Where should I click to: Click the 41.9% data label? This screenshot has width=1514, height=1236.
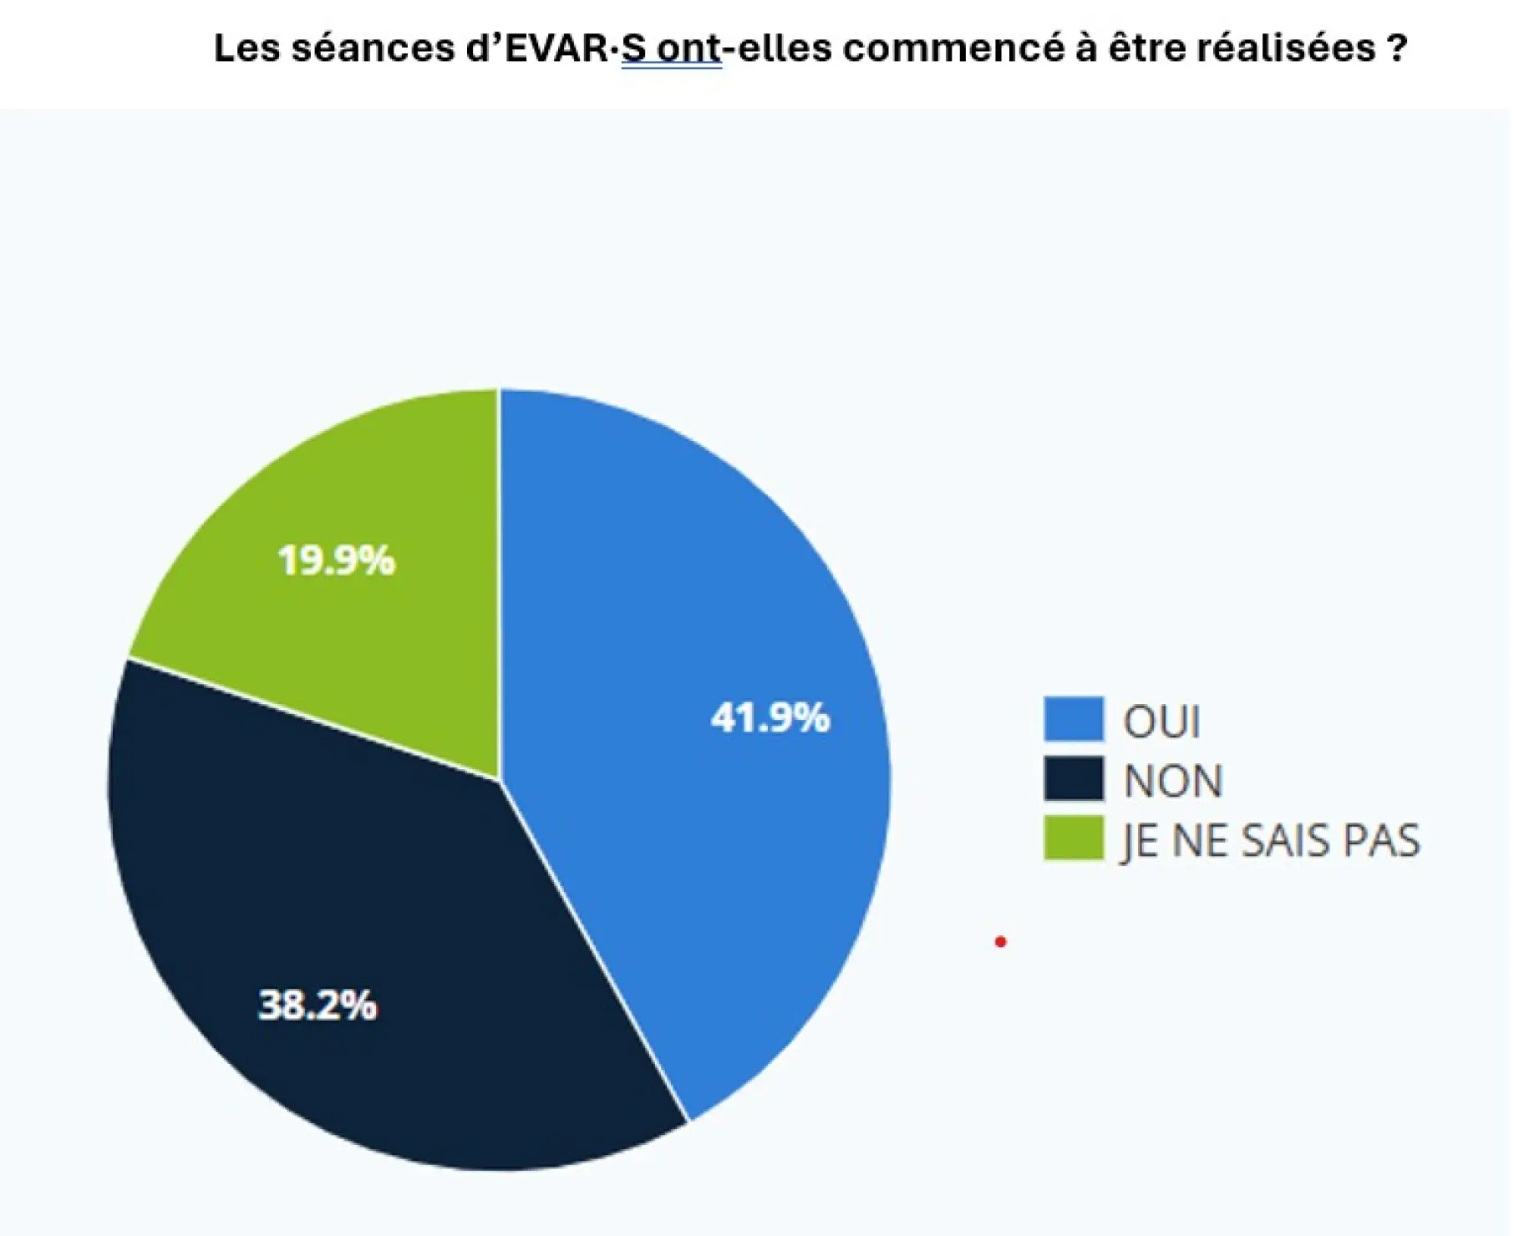770,718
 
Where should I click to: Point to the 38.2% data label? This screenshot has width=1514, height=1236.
318,1005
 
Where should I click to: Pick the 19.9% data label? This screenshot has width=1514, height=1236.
336,560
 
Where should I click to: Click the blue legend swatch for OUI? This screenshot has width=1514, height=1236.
1074,719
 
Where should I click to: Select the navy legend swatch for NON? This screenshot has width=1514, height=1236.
1074,779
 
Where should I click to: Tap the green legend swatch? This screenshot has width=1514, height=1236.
1074,838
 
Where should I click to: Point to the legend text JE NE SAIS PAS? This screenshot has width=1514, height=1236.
1270,841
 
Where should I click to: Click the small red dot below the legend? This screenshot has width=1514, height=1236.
1001,942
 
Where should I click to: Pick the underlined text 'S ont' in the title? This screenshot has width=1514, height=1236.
671,48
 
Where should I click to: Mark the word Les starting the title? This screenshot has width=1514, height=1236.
246,48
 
